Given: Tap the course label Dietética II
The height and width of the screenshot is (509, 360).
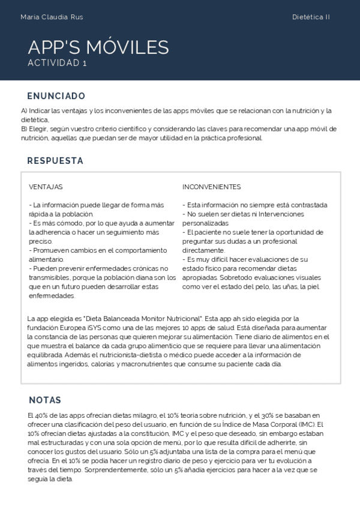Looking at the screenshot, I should (x=311, y=17).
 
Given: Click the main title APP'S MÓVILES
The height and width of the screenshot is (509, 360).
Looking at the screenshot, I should (x=98, y=47).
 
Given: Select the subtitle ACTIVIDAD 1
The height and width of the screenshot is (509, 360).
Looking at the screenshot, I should (x=58, y=63).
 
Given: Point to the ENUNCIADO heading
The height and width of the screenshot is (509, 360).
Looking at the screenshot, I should (x=56, y=96).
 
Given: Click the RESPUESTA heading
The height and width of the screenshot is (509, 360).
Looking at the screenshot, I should (x=55, y=161).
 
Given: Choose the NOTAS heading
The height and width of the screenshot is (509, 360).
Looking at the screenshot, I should (x=44, y=400).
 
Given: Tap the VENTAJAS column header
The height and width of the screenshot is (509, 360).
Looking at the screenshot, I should (x=46, y=187).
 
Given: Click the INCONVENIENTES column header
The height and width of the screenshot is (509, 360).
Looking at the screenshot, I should (x=212, y=187).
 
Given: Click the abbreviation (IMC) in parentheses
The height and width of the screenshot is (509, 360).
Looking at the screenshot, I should (x=307, y=424).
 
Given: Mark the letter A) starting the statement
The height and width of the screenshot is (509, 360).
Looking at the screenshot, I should (x=24, y=111).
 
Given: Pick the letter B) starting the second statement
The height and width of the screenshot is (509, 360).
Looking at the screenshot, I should (x=24, y=129).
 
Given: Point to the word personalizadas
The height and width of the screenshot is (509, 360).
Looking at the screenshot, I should (x=205, y=223).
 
